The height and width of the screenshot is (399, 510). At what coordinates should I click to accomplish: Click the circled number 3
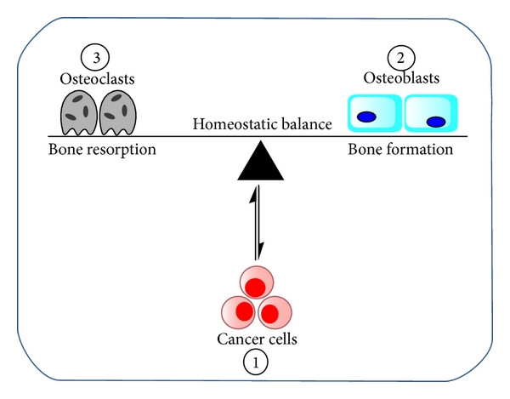(95, 57)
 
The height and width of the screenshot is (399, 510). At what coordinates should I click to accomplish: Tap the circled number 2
(401, 58)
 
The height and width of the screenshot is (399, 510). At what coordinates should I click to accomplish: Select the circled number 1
(256, 362)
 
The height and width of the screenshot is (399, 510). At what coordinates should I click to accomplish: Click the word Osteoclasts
(97, 79)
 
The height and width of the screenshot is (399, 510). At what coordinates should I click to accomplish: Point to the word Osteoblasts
(401, 78)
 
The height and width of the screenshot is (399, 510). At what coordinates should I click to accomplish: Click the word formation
(420, 150)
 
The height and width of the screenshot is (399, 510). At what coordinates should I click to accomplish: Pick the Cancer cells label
(257, 339)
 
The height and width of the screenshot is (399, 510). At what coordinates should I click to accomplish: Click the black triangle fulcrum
(261, 161)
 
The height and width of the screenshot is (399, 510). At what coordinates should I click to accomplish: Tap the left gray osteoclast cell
(79, 113)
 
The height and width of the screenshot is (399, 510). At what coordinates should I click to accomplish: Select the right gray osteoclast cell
(118, 113)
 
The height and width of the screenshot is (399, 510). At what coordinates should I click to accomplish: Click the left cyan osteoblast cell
(375, 113)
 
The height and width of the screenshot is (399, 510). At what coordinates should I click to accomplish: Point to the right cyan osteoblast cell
(431, 113)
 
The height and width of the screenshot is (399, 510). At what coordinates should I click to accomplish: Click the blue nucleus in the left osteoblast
(366, 117)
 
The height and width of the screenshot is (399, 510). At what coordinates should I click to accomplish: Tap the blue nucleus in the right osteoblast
(436, 122)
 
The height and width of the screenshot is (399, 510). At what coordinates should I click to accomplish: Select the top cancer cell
(257, 282)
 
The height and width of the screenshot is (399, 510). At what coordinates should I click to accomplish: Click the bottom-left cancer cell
(239, 311)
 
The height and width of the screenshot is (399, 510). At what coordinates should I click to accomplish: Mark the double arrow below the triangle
(258, 223)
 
